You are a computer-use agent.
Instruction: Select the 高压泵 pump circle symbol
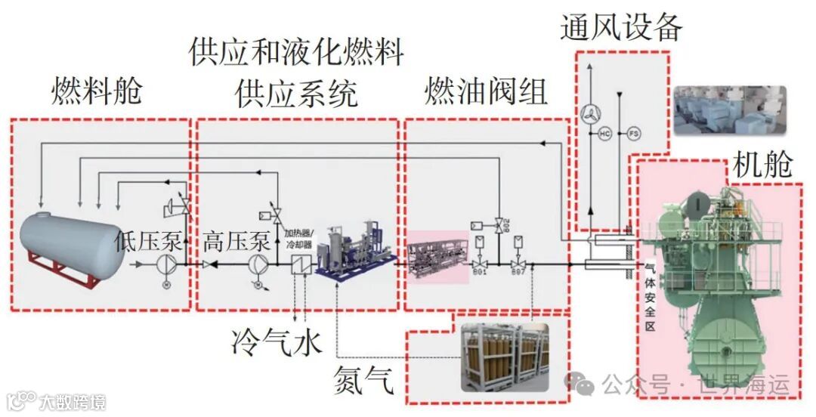coord(258,265)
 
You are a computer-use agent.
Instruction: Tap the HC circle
coord(604,134)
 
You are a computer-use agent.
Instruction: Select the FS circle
coord(633,134)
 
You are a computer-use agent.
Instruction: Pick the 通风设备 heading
coord(621,27)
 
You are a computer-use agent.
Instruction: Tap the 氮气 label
coord(364,380)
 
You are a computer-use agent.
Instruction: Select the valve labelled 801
coord(481,264)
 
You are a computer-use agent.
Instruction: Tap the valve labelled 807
coord(518,264)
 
